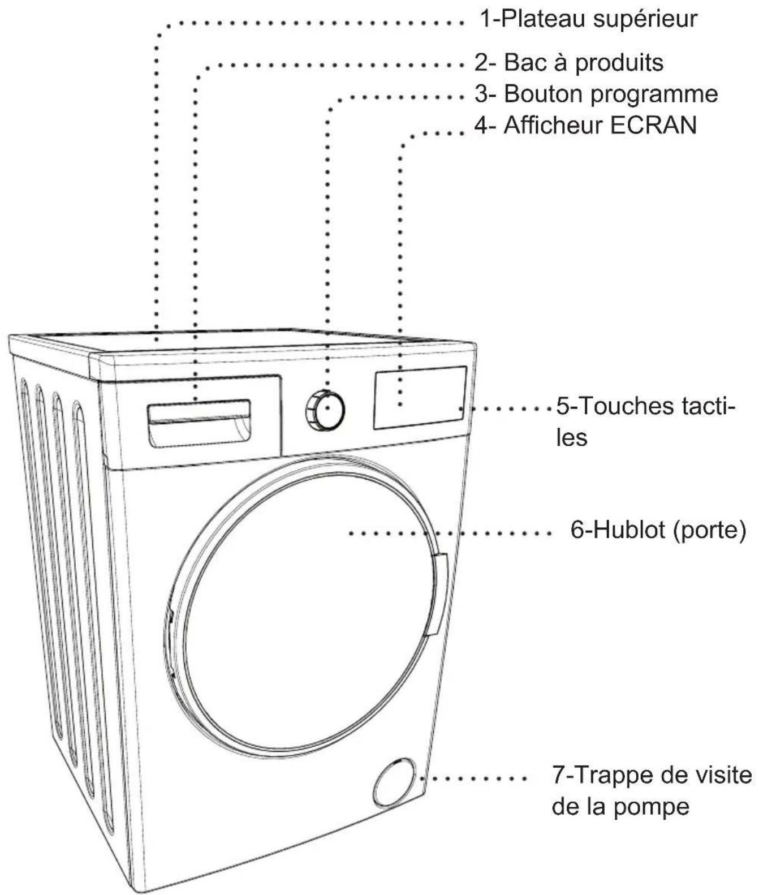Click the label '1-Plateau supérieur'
click(588, 19)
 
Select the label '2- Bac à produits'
click(568, 62)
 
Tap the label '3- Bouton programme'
click(596, 94)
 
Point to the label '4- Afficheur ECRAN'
click(585, 125)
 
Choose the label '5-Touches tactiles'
click(645, 421)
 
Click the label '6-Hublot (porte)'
click(658, 531)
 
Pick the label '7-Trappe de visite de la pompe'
click(652, 790)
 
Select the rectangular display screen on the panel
click(419, 398)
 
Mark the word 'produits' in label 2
click(619, 62)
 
